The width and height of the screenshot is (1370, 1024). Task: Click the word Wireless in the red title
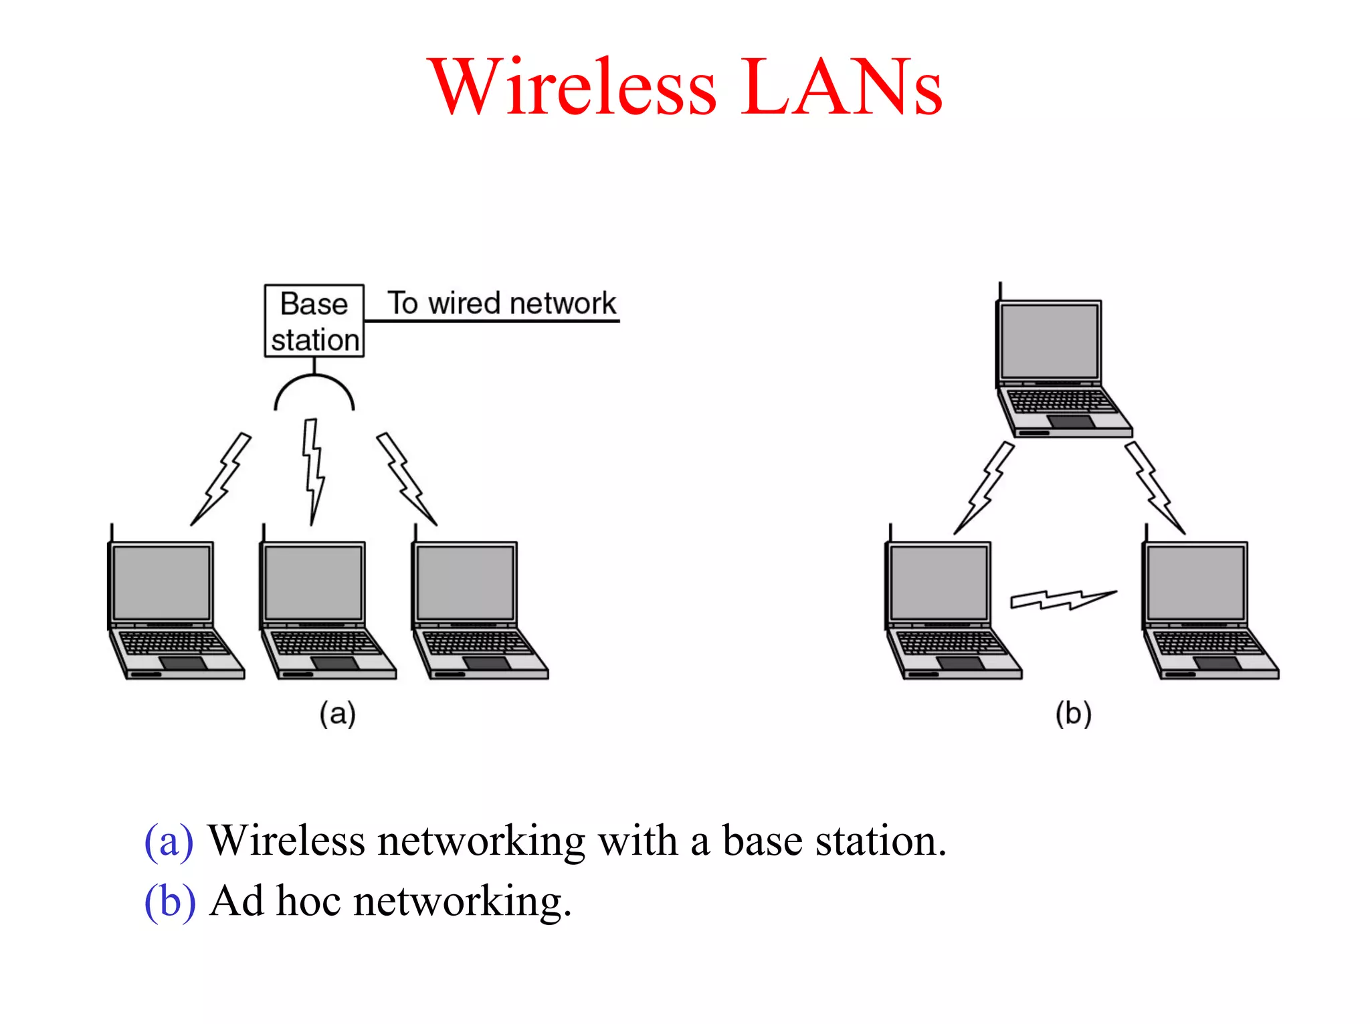click(574, 87)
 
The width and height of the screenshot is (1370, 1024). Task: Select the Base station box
click(314, 321)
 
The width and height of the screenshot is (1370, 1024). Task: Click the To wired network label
click(501, 303)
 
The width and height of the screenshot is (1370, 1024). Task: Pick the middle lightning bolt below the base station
click(313, 471)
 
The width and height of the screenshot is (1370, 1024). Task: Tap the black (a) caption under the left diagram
click(337, 714)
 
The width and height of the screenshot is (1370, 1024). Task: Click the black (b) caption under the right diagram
click(1073, 714)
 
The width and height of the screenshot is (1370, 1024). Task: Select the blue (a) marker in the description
click(169, 841)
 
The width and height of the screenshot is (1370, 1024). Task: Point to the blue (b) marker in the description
click(170, 902)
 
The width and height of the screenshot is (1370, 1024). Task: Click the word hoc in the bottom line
click(308, 902)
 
